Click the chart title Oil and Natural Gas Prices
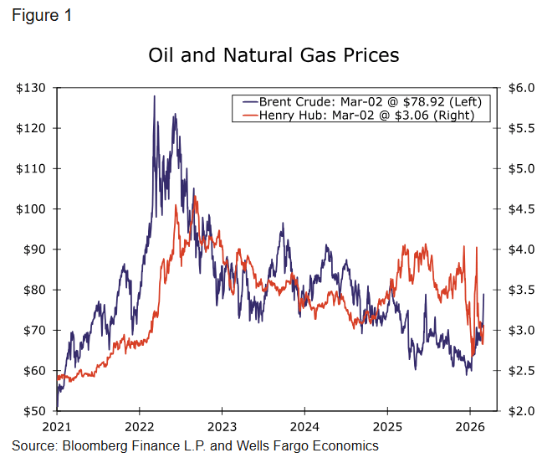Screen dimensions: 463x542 (274, 55)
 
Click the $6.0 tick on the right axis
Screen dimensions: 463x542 (516, 88)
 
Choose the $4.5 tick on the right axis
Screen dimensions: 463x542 (516, 209)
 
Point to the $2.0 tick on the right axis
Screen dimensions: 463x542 (516, 411)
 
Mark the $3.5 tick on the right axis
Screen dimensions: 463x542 (516, 290)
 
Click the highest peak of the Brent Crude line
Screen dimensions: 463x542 (154, 96)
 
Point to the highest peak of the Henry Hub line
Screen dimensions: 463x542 (195, 196)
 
